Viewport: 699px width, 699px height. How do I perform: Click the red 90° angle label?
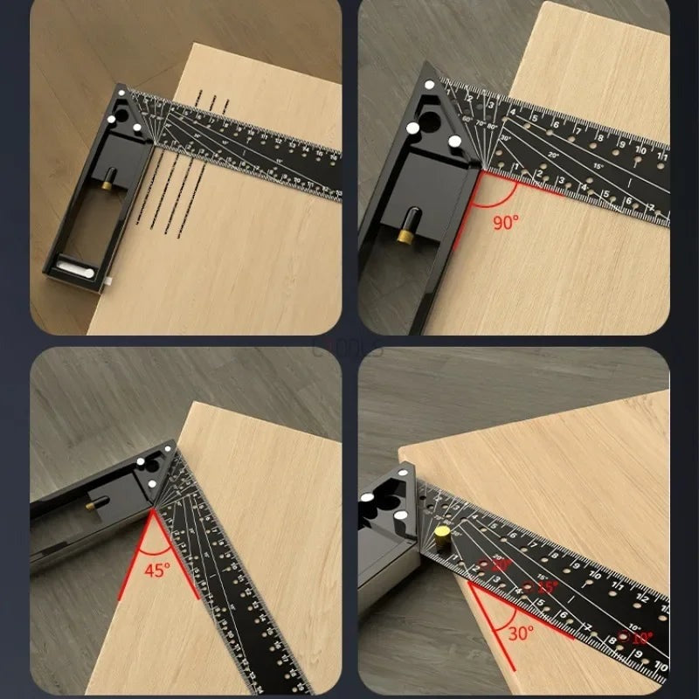(x=505, y=222)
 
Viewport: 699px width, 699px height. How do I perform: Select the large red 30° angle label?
(x=522, y=633)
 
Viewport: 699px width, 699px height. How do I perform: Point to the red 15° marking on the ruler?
(x=548, y=588)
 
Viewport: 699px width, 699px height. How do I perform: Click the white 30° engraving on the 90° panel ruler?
(x=505, y=138)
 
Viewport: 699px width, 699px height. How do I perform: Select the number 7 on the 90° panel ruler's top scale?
(x=576, y=129)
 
